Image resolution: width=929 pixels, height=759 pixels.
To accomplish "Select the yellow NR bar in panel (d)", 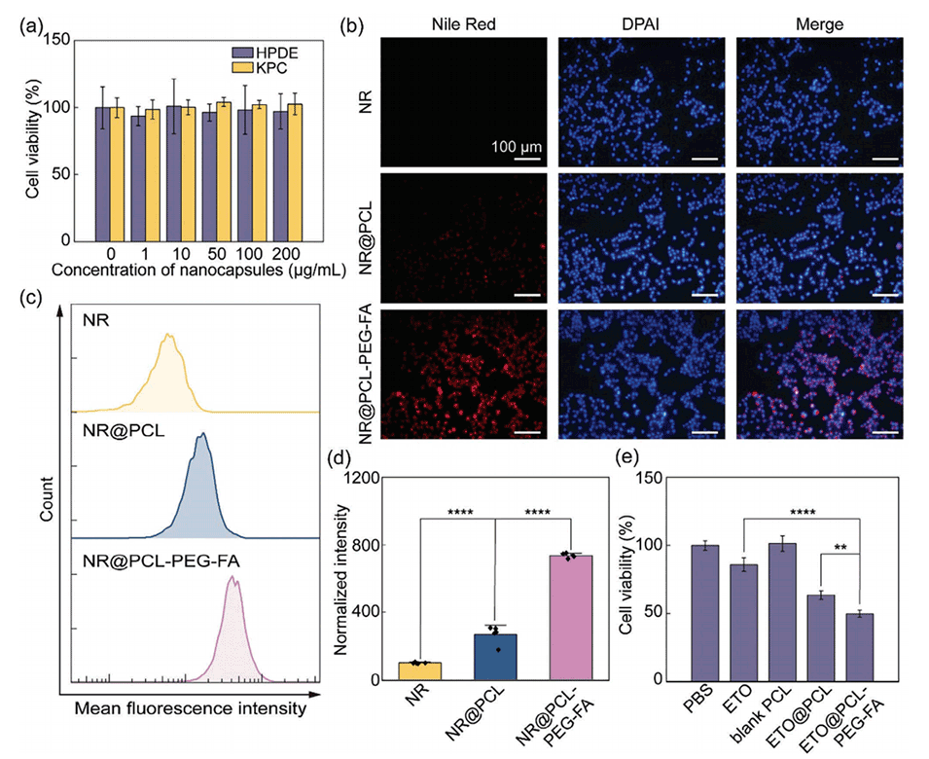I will click(419, 670).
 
